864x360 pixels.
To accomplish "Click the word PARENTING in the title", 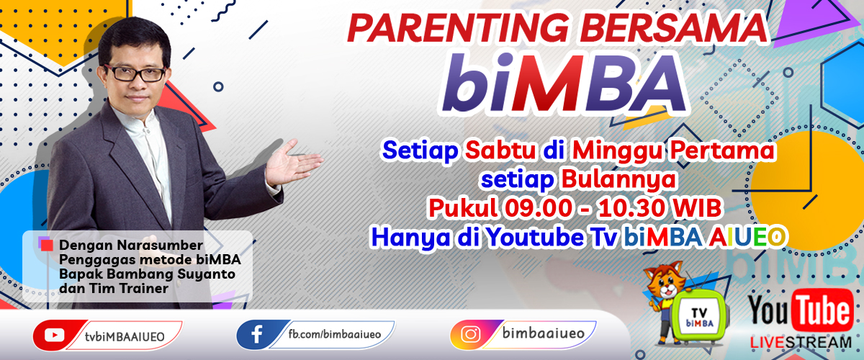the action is pos(458,29).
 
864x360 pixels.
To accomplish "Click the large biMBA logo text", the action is pos(564,83).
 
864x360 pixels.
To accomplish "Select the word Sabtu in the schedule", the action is pos(500,150).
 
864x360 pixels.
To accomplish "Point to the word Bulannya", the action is pos(618,180).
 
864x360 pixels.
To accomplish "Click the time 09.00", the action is pos(538,208).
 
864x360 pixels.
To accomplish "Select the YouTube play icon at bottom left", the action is pos(55,335).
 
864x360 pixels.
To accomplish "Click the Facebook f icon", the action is pos(257,334).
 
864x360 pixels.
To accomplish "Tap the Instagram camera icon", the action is pos(471,334).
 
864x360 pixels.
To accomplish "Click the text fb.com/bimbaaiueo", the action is pos(334,334).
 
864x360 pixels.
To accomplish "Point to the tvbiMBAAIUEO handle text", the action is pos(125,337).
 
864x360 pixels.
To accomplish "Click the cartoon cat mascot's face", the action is pos(664,284).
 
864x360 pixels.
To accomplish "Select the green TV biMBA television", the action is pos(699,316).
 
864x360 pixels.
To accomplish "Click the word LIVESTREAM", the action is pos(801,343).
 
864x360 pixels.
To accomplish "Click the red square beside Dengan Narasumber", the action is pos(47,246).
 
